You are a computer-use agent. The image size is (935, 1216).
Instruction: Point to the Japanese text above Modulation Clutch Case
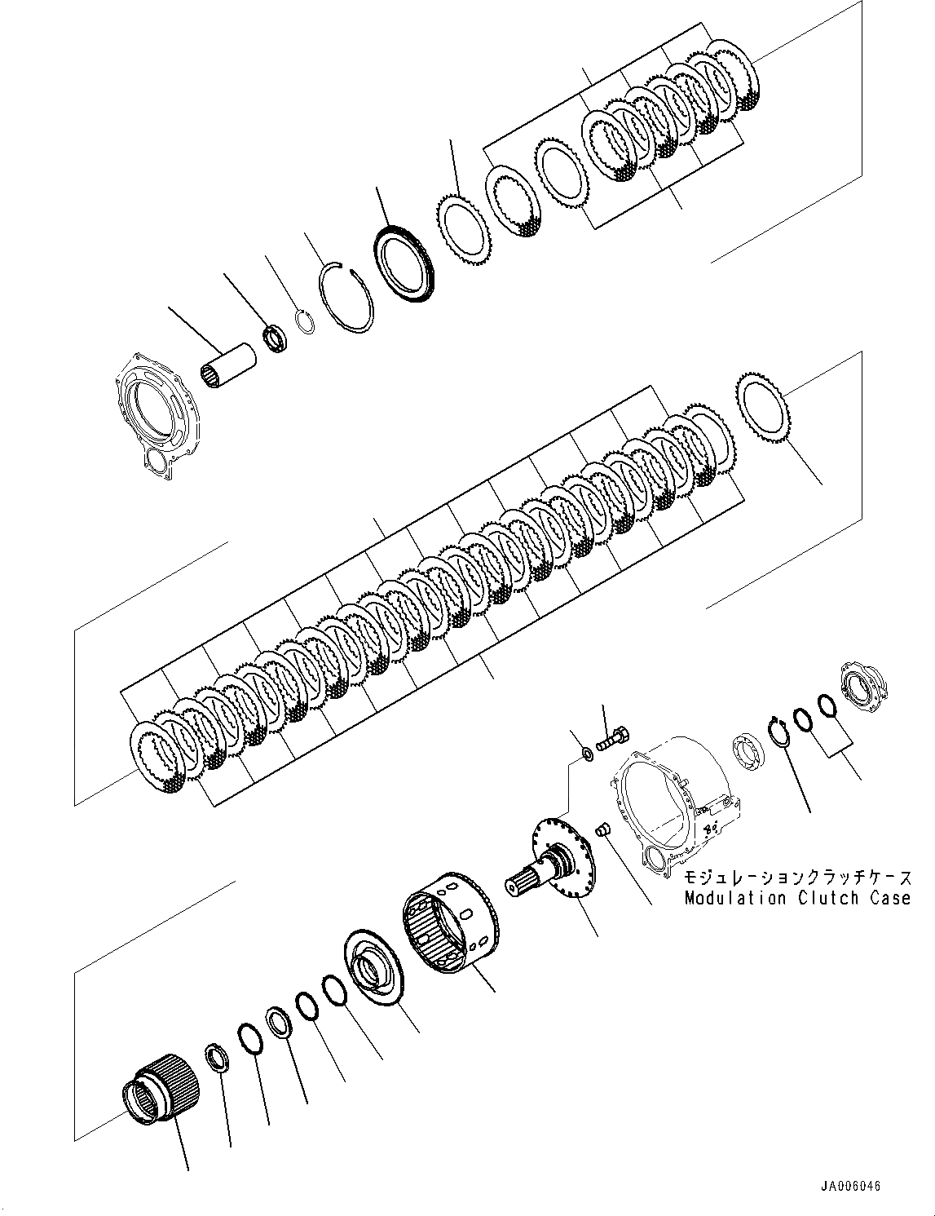(797, 878)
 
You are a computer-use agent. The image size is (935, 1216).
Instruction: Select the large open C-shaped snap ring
(346, 297)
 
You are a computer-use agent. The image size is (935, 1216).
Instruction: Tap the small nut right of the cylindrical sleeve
(274, 336)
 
